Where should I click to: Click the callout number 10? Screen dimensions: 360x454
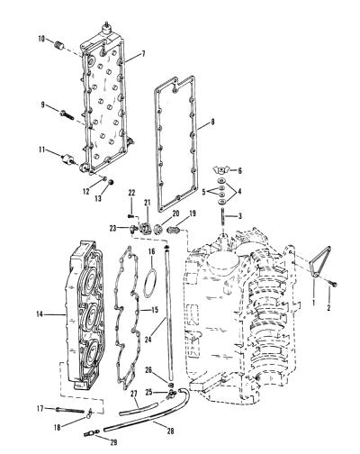click(41, 39)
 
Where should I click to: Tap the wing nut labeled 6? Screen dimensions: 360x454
click(221, 170)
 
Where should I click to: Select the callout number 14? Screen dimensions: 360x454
click(40, 314)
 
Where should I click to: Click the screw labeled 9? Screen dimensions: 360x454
click(67, 115)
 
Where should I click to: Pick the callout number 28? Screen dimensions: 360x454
click(170, 431)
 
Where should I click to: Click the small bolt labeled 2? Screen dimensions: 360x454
click(333, 284)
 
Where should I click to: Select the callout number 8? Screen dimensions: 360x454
click(212, 123)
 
